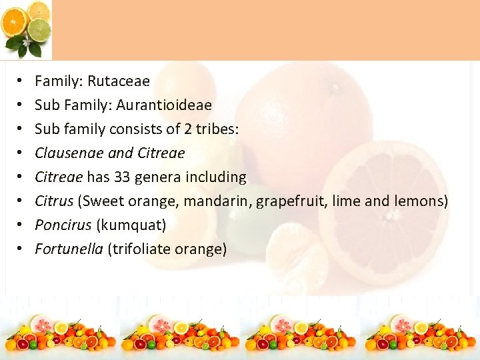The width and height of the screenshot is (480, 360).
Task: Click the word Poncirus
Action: click(x=62, y=225)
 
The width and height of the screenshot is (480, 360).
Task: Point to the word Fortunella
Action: click(x=69, y=249)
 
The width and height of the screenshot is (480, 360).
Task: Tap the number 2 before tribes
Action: click(x=186, y=129)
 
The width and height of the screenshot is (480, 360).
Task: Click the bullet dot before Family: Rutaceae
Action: click(x=20, y=82)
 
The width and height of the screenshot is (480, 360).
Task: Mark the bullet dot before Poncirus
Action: click(x=20, y=226)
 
